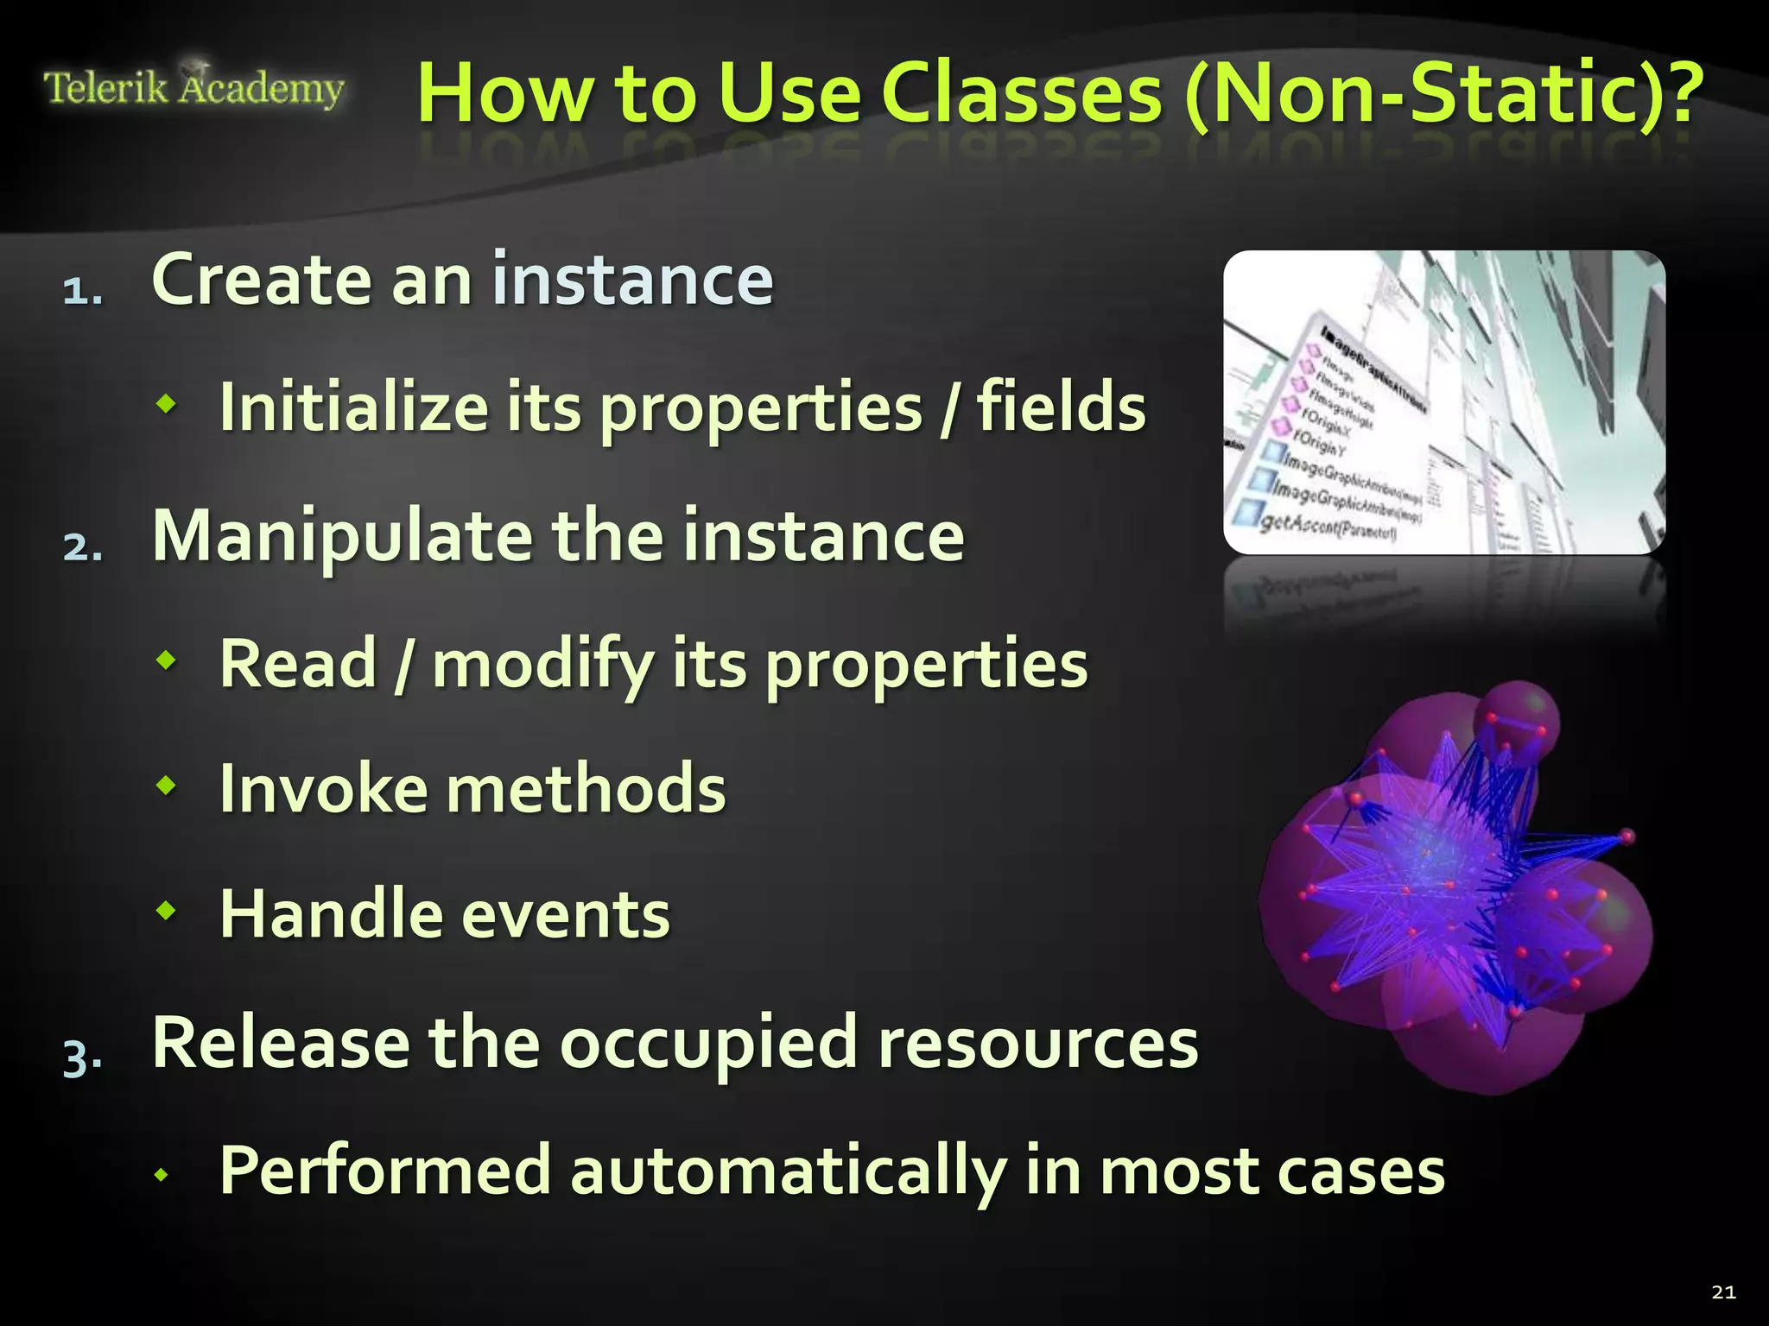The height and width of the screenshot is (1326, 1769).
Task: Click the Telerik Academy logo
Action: [193, 88]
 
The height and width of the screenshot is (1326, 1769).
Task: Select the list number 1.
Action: [82, 292]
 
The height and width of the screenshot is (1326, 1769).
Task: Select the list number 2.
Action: [82, 547]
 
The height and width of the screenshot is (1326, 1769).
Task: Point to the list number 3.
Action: [82, 1056]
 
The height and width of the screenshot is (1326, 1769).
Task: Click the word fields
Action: [1061, 407]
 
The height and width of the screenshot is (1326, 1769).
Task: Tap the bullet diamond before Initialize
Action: [166, 402]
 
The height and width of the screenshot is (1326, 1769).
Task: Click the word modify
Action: [542, 665]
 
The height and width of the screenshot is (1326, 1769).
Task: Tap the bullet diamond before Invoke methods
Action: [166, 786]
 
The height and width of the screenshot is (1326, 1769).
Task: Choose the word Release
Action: [281, 1043]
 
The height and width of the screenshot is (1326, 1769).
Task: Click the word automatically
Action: [786, 1171]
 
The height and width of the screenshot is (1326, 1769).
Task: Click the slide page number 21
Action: [1723, 1292]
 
